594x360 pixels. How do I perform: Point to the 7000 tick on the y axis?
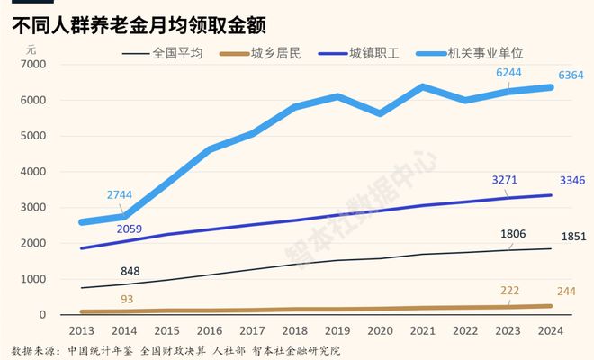tap(31, 65)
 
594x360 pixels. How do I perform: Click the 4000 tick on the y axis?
tap(31, 172)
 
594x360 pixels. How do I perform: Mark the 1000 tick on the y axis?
tap(31, 279)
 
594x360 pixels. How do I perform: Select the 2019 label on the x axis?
tap(337, 330)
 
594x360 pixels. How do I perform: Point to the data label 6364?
tap(571, 77)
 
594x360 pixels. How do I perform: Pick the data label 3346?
tap(571, 181)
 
